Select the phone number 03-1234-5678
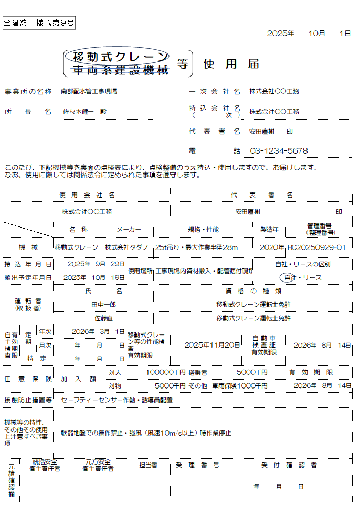point(279,151)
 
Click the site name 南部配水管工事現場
point(89,91)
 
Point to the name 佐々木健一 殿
point(84,112)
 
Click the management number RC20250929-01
point(316,247)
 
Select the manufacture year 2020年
point(272,247)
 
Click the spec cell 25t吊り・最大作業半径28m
point(197,247)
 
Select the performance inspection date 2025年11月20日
point(212,345)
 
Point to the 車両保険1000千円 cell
point(240,385)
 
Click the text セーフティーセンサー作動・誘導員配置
point(117,400)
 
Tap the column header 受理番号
point(197,465)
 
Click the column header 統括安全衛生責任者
point(45,465)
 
